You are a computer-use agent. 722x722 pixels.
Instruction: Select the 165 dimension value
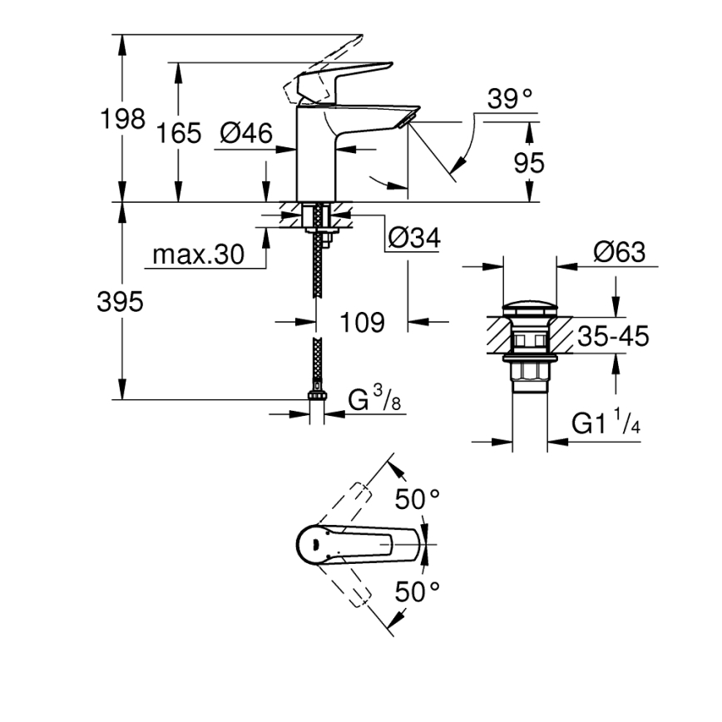click(179, 132)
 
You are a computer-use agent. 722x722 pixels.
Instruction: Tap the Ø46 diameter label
click(247, 132)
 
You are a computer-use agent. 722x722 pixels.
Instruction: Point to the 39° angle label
click(510, 99)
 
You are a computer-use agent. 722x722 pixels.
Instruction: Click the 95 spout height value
click(529, 163)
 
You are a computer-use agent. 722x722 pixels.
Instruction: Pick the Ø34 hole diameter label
click(413, 239)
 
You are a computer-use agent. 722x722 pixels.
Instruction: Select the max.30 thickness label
click(197, 255)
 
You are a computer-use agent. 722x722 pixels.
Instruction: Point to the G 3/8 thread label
click(374, 401)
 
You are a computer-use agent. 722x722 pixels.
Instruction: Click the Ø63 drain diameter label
click(620, 252)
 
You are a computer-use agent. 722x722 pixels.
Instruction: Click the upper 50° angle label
click(417, 500)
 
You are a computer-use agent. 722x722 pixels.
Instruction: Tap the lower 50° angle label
click(417, 592)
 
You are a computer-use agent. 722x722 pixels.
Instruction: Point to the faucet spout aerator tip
click(405, 122)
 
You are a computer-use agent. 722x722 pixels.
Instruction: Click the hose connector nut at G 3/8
click(317, 397)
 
